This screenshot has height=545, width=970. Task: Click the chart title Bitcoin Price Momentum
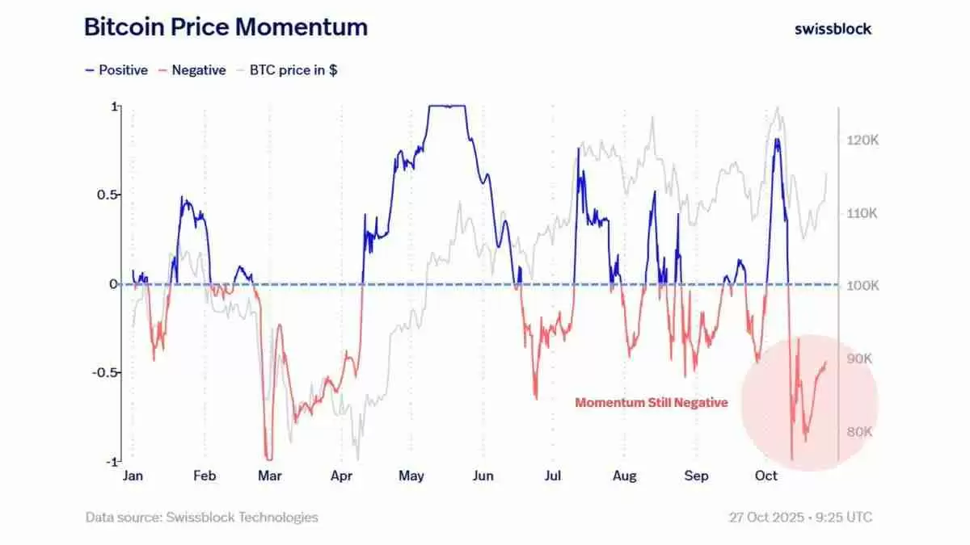tap(226, 27)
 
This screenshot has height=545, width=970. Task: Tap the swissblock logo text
tap(833, 28)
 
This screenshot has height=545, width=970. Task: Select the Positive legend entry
tap(116, 70)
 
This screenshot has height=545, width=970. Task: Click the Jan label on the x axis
tap(133, 476)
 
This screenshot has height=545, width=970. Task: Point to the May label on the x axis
tap(411, 476)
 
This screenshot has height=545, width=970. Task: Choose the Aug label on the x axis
tap(623, 476)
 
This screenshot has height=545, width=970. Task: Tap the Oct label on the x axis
tap(765, 476)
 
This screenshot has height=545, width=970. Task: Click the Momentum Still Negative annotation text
tap(652, 402)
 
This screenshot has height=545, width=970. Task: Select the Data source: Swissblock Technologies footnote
tap(202, 517)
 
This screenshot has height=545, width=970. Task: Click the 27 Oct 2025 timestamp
tap(800, 517)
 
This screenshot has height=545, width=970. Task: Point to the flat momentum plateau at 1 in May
tap(448, 106)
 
